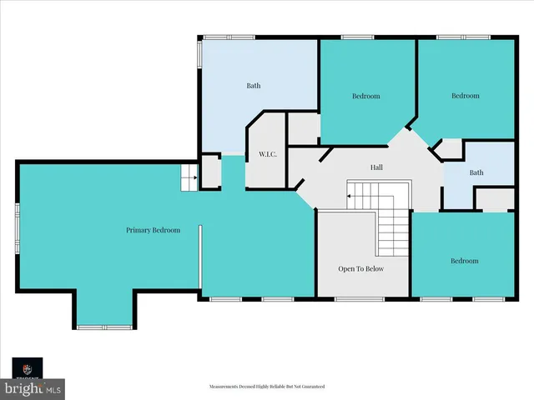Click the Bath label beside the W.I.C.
coord(254,86)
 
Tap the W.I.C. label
coord(268,154)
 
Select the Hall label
coord(377,167)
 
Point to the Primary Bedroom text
coord(153,230)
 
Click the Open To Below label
coord(361,269)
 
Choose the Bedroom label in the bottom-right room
coord(465,261)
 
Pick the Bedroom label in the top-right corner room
coord(466,96)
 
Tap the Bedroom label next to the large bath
coord(365,97)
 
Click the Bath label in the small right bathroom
coord(476,173)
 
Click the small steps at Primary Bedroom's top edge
coord(189,177)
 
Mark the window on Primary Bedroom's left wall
coord(18,230)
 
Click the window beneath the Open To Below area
coord(360,297)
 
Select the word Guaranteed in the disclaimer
coord(309,387)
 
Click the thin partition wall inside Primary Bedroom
coord(200,257)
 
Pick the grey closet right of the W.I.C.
coord(304,128)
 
